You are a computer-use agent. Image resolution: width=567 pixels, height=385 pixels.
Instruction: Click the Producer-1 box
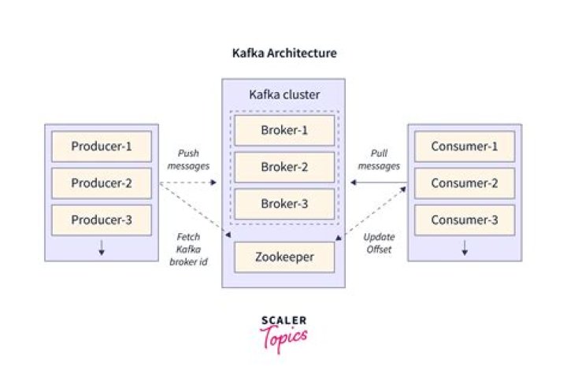click(102, 146)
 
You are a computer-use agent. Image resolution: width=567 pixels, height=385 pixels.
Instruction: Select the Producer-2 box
click(102, 183)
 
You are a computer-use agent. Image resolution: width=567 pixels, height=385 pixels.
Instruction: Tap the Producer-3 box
click(102, 220)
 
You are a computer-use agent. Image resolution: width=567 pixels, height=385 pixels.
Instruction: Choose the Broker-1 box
click(284, 130)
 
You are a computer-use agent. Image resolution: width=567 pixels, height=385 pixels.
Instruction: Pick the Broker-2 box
click(284, 167)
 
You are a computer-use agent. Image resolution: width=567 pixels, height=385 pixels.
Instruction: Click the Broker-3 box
click(284, 204)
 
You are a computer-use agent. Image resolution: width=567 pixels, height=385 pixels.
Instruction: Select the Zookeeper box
click(284, 257)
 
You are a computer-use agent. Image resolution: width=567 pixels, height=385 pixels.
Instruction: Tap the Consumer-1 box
click(465, 146)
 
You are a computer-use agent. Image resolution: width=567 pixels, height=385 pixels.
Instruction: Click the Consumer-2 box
click(465, 183)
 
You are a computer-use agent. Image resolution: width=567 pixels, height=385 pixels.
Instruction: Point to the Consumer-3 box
click(465, 220)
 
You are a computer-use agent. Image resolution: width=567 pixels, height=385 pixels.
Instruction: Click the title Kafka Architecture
click(284, 53)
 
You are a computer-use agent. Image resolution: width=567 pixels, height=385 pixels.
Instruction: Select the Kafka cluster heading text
click(284, 94)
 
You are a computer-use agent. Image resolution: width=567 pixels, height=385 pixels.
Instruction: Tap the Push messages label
click(188, 159)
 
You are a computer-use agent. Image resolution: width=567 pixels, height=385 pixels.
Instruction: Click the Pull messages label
click(379, 159)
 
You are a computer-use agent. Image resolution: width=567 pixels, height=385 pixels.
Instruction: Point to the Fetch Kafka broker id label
click(188, 250)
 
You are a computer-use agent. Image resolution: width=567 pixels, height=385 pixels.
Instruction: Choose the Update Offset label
click(379, 243)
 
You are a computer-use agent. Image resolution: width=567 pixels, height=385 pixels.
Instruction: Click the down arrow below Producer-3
click(102, 248)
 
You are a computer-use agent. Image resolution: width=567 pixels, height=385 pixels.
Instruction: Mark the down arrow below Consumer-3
click(465, 248)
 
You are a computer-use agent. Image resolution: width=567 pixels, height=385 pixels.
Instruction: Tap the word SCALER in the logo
click(284, 320)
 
